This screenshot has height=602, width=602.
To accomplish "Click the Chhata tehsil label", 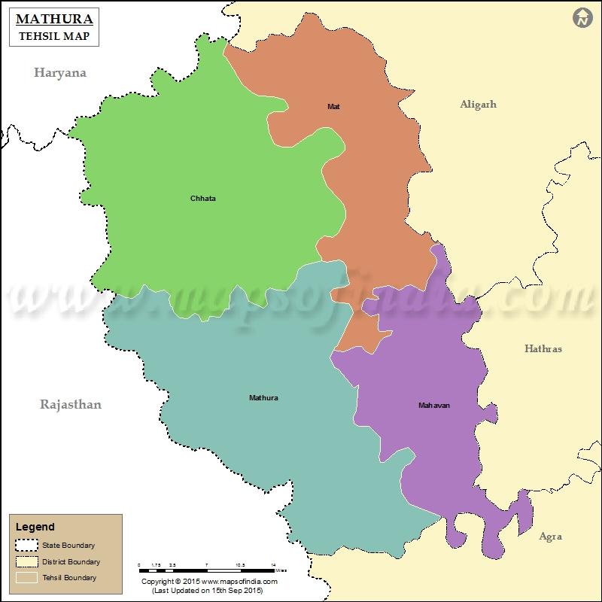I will pos(202,199).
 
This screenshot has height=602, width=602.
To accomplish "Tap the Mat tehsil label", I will pos(333,107).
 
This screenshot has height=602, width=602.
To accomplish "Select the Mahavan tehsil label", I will pos(434,406).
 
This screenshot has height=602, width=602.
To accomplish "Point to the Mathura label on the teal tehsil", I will pos(263,397).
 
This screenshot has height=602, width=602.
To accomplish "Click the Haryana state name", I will pos(59,73).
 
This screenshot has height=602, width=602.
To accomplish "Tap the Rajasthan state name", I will pos(70,404).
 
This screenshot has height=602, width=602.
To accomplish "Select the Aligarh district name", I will pos(479,105).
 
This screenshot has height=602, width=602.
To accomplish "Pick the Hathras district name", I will pos(543,348).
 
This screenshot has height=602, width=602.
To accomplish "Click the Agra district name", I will pos(550,537).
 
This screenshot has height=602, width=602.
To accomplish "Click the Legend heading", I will pos(35,528).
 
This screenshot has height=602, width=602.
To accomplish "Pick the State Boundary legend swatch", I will pos(28,546).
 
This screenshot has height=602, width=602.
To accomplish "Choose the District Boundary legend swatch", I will pos(28,561).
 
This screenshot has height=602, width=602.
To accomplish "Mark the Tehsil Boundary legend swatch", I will pos(28,577).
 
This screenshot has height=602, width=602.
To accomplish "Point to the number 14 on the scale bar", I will pos(273,564).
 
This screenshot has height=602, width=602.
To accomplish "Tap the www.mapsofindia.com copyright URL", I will pos(239,582).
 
